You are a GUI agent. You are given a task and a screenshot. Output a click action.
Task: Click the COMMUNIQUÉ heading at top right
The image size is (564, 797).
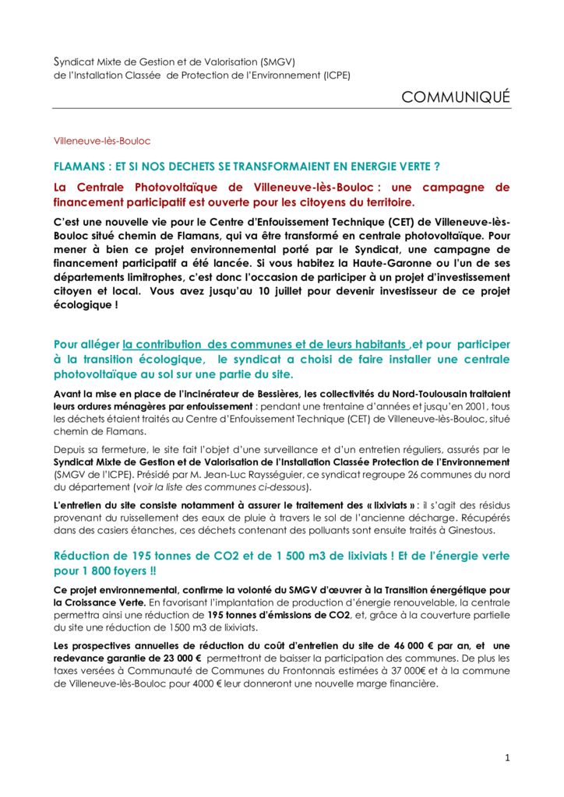point(456,97)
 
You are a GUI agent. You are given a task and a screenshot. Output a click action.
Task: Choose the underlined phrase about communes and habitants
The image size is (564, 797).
point(266,344)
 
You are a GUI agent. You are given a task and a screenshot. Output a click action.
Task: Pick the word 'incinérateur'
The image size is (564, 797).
point(183,392)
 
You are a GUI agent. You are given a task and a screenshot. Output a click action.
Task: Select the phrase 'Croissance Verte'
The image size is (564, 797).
point(104,602)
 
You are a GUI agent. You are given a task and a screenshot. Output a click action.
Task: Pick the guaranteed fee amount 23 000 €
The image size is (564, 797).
point(164,658)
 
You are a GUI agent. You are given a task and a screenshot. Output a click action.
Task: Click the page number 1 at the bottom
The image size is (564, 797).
point(507,757)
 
